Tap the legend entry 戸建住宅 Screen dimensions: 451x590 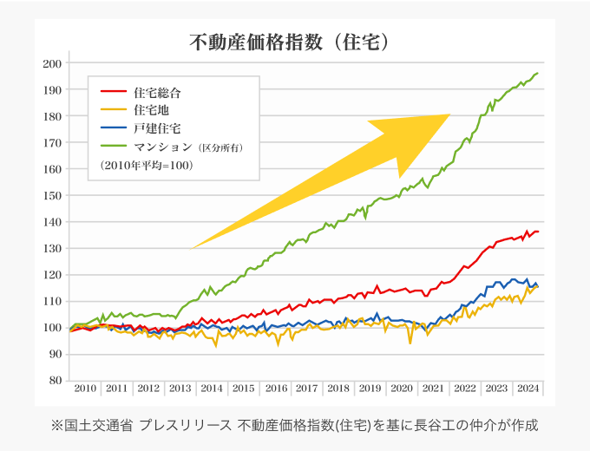[157, 127]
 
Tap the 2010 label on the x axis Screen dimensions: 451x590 [85, 389]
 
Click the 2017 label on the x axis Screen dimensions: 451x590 [306, 389]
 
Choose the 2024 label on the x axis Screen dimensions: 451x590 [528, 389]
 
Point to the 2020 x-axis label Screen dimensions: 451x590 [401, 389]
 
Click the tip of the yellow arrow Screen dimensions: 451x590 [450, 114]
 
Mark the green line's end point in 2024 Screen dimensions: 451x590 [538, 73]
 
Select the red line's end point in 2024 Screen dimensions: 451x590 [538, 232]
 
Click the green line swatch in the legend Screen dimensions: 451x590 [114, 147]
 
